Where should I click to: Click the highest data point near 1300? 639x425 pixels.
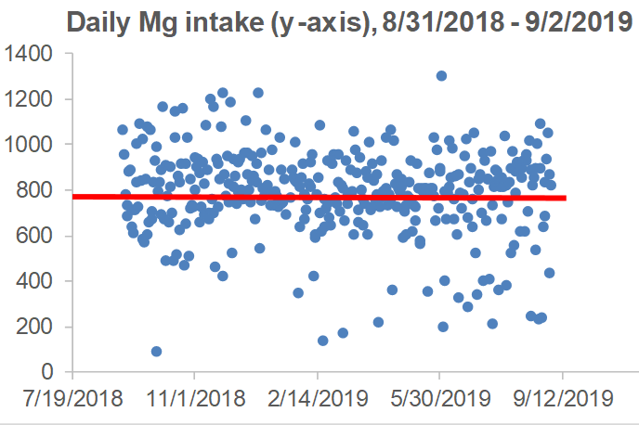441,76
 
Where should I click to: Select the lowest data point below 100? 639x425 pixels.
156,352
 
